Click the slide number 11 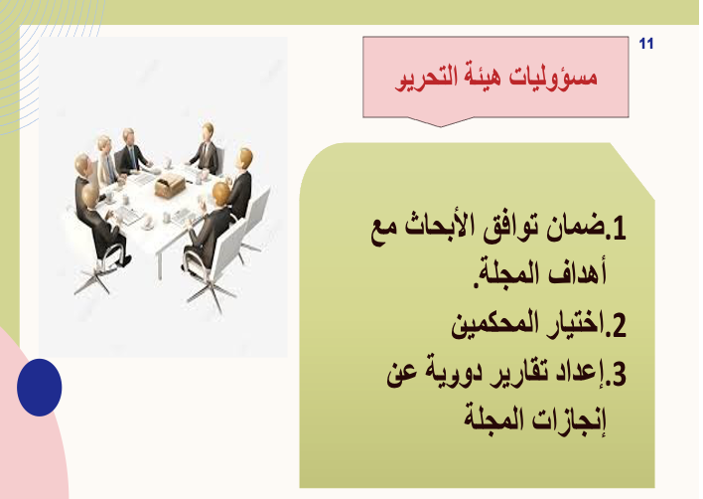tap(646, 44)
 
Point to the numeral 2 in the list tap(619, 325)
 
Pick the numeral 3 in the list tap(619, 374)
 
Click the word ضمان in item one tap(575, 228)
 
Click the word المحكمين tap(494, 324)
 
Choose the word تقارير tap(514, 374)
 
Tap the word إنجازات tap(569, 420)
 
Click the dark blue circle tap(40, 388)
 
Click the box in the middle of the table tap(170, 185)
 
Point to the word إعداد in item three tap(578, 374)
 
